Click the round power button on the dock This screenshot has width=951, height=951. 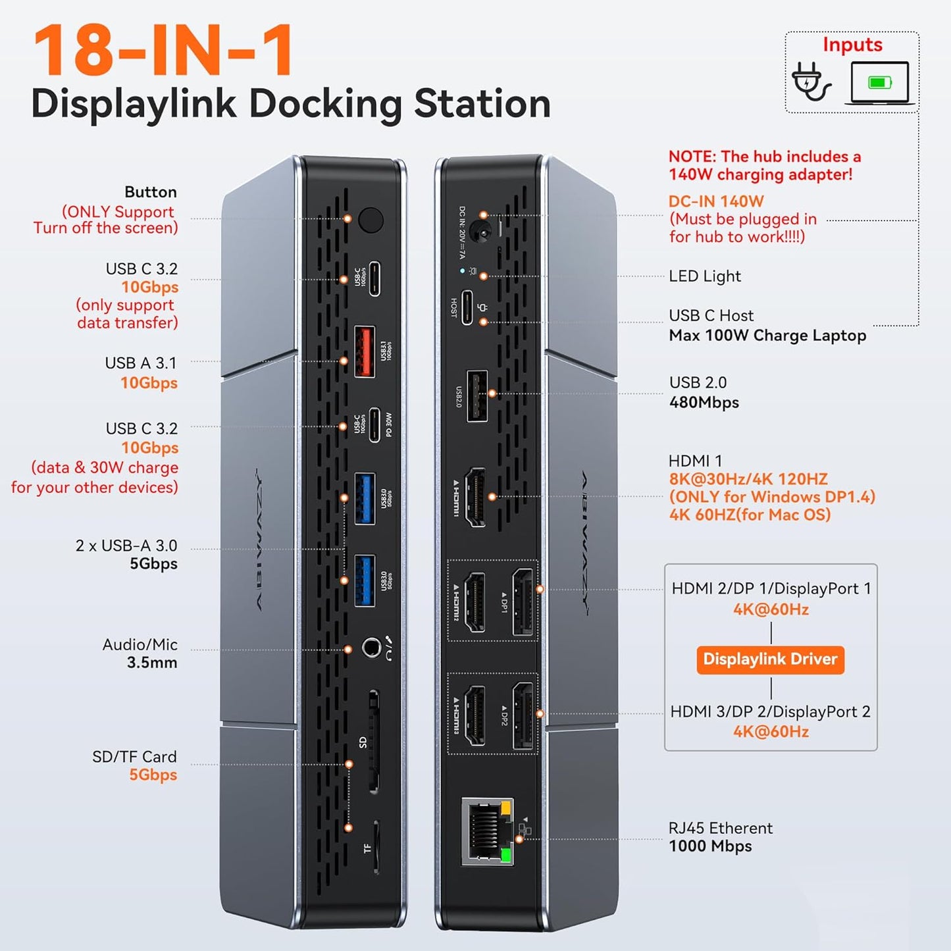click(371, 220)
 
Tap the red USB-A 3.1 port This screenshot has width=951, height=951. click(365, 351)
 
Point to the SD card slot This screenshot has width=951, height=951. click(374, 741)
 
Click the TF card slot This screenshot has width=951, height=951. click(376, 846)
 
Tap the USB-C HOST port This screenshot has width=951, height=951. click(467, 307)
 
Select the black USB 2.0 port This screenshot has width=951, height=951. click(477, 396)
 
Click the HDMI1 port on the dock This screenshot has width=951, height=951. click(475, 498)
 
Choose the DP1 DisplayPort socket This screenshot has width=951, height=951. click(523, 602)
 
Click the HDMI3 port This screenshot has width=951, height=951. click(475, 715)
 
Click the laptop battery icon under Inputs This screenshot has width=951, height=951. click(879, 83)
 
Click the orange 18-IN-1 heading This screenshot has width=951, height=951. click(163, 51)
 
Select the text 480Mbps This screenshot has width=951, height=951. click(704, 402)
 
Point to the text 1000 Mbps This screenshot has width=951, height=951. click(710, 846)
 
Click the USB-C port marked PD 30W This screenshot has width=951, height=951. click(374, 424)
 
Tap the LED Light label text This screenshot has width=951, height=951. click(704, 276)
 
